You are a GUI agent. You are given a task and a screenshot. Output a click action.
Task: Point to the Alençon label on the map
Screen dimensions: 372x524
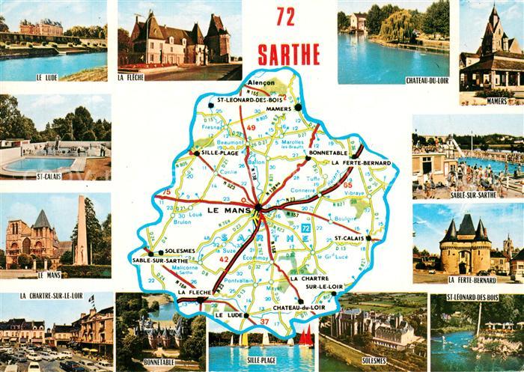point(262,82)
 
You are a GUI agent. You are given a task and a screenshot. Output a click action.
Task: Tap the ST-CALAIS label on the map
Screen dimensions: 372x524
point(348,238)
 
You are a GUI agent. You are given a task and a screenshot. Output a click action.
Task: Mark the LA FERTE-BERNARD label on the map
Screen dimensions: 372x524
point(362,162)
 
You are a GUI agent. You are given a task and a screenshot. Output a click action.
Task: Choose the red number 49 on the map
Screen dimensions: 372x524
point(252,129)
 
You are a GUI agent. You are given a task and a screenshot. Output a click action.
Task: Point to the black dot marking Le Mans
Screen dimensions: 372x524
point(258,207)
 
